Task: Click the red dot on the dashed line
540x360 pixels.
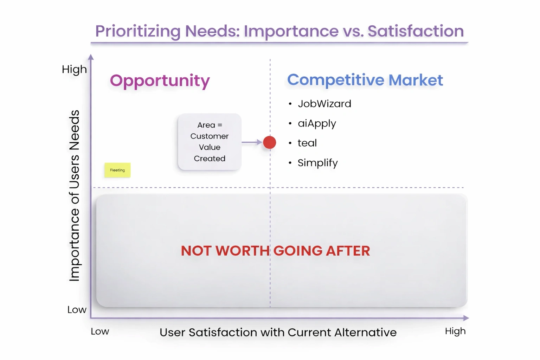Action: click(270, 142)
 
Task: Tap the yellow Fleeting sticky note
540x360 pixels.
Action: click(118, 170)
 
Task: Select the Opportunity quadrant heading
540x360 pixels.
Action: click(160, 81)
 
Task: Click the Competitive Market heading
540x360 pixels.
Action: click(365, 80)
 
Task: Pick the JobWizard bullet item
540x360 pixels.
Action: click(324, 104)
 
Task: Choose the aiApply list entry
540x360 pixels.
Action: click(317, 124)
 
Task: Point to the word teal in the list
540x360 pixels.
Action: click(307, 143)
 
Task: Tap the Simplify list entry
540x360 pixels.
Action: click(318, 163)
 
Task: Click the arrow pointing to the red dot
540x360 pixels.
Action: click(252, 142)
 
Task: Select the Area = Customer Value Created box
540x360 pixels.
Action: click(210, 142)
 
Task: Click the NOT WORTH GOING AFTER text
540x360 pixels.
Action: click(275, 251)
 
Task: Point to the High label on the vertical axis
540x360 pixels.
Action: click(74, 70)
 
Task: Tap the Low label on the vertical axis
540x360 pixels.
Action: click(77, 310)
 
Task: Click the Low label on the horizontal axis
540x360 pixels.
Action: click(100, 332)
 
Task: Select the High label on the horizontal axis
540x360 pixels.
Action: click(455, 332)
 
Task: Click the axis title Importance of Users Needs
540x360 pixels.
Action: click(74, 195)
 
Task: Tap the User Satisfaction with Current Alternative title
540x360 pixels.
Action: click(278, 332)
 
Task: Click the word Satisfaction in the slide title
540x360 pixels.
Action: click(416, 31)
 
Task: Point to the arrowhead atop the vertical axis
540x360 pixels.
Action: click(91, 57)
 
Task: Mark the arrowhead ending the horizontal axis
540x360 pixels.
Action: click(466, 318)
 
